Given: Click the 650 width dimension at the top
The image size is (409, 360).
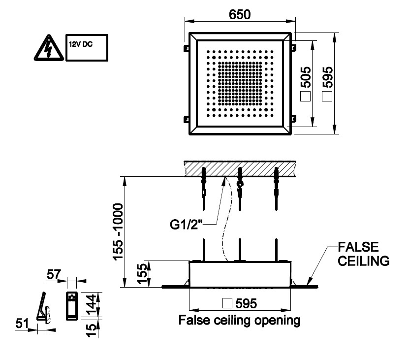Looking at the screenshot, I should (x=240, y=15).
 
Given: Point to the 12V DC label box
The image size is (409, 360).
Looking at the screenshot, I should (x=87, y=47).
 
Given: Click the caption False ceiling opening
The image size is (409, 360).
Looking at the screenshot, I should (x=240, y=321).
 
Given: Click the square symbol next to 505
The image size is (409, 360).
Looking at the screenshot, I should (x=305, y=97).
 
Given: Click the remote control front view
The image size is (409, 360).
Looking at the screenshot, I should (x=72, y=305).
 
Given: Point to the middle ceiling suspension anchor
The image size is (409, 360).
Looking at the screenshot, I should (x=240, y=182).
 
